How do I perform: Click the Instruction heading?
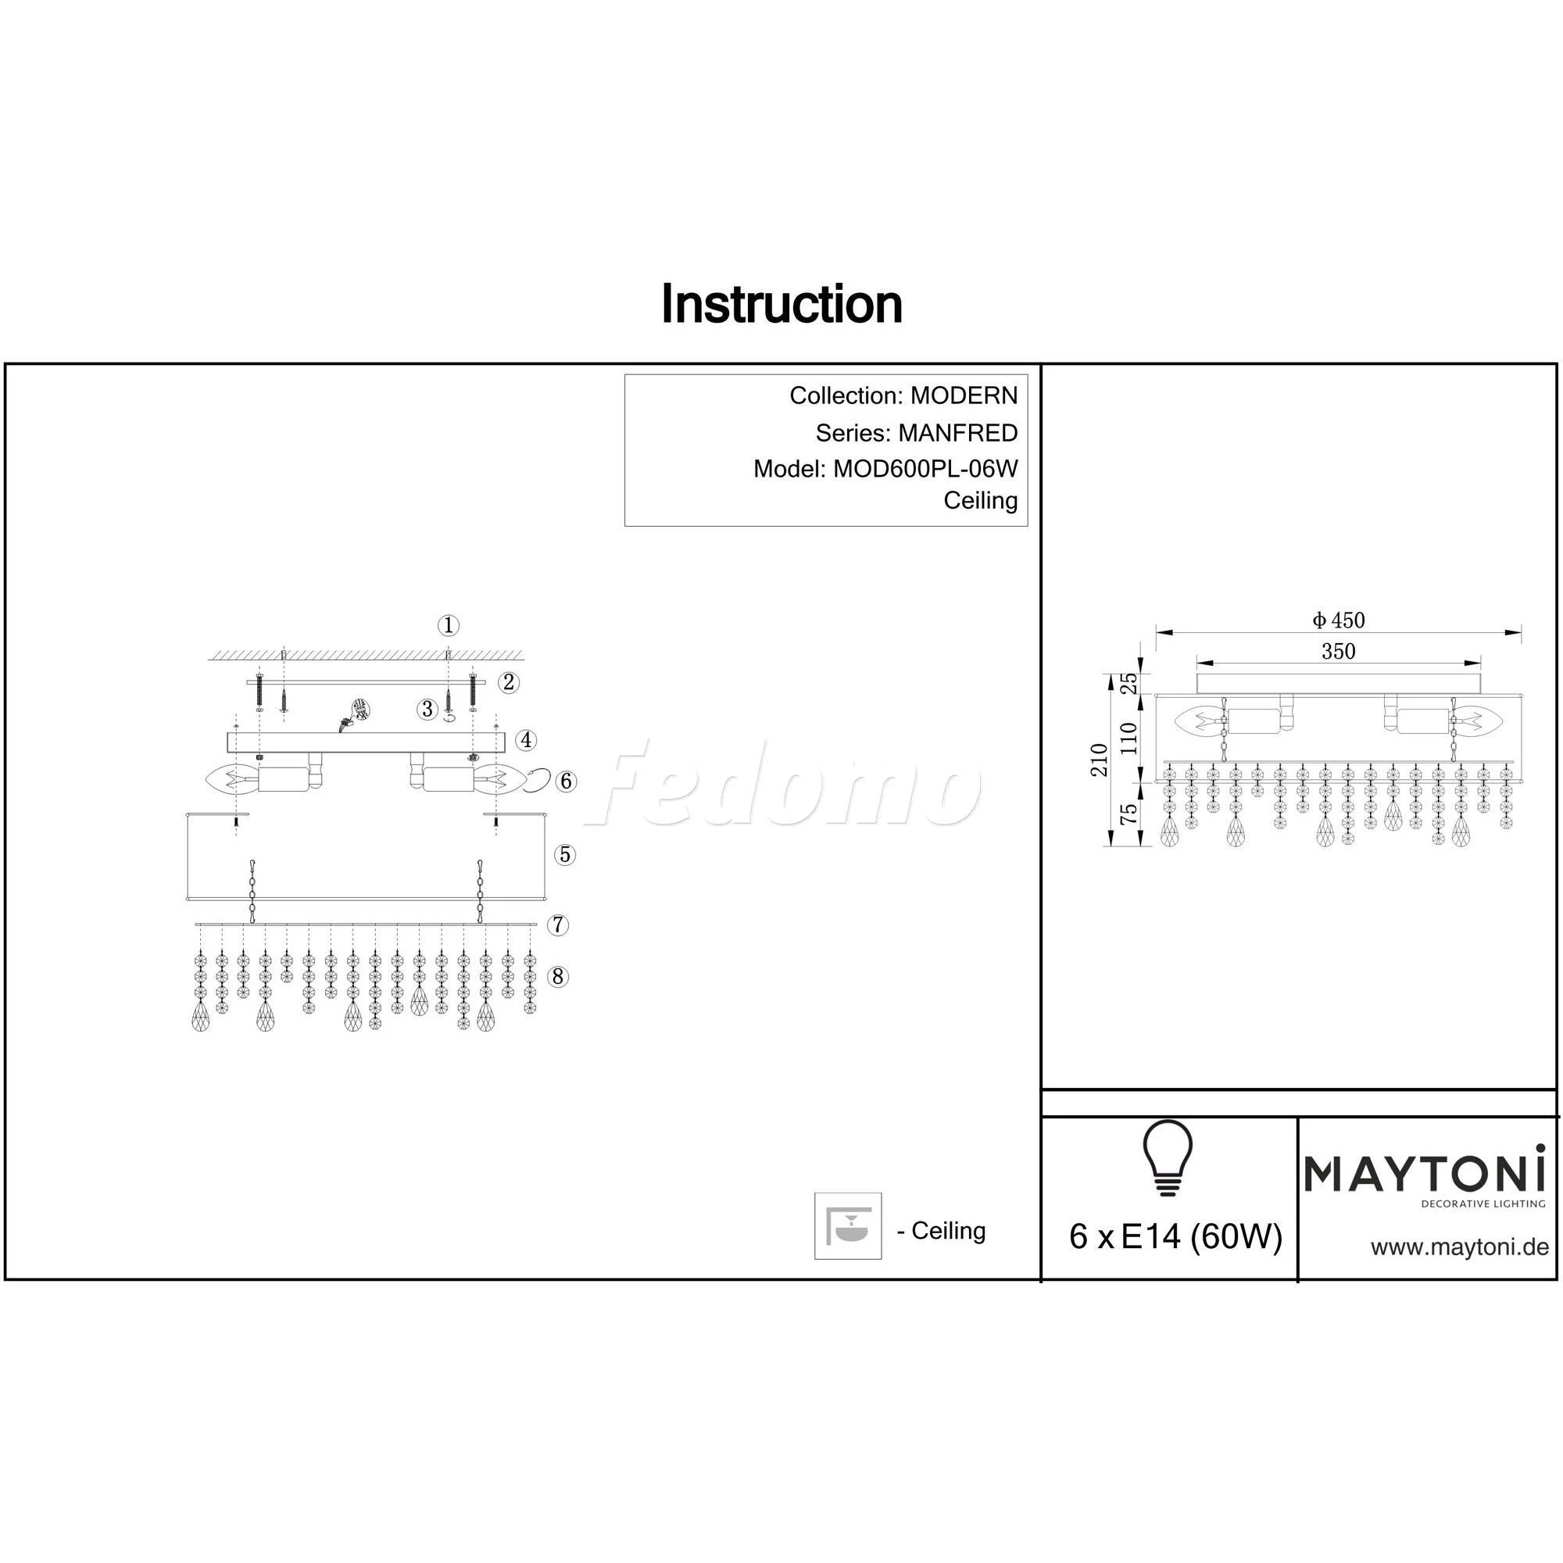click(781, 305)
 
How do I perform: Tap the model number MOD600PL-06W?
click(925, 468)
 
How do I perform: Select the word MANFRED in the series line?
click(957, 433)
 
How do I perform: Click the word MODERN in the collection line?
click(964, 395)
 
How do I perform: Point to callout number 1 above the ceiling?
click(449, 624)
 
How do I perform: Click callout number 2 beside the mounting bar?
click(508, 682)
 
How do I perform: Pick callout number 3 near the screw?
click(427, 710)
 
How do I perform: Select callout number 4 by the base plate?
click(526, 739)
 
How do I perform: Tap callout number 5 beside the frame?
click(565, 854)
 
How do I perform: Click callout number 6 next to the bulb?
click(567, 781)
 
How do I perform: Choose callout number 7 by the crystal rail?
click(558, 925)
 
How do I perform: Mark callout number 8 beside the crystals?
click(557, 976)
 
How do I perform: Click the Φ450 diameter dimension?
click(1338, 621)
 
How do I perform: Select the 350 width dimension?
click(1338, 651)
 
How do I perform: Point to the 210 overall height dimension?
click(1100, 760)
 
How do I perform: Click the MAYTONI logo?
click(1425, 1174)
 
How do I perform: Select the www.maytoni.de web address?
click(1459, 1246)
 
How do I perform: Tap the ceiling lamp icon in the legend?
click(848, 1225)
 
